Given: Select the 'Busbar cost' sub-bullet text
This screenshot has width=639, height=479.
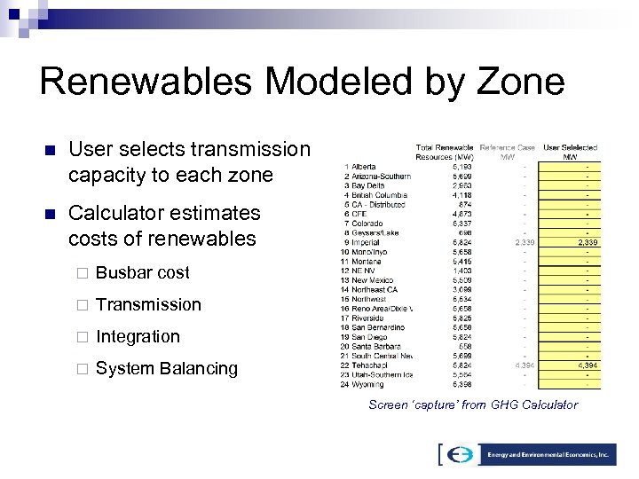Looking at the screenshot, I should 142,272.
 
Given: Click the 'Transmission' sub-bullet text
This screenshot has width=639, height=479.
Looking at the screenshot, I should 148,304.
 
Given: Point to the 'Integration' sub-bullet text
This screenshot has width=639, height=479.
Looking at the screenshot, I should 138,336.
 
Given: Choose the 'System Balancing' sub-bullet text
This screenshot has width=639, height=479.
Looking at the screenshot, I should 167,368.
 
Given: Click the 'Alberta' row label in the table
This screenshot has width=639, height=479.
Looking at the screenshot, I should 363,166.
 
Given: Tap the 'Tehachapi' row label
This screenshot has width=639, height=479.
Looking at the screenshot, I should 369,365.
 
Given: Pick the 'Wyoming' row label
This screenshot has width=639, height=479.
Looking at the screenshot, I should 367,384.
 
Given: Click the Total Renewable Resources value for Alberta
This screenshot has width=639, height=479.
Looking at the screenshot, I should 461,166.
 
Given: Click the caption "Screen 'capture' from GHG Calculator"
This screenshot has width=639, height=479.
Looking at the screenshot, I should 473,404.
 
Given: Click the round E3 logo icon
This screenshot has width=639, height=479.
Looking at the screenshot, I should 460,454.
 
